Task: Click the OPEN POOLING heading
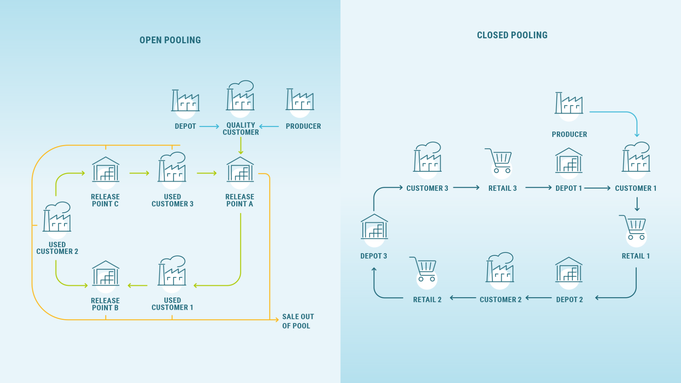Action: point(170,40)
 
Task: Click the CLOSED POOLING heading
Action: point(512,35)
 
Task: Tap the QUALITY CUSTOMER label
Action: point(241,129)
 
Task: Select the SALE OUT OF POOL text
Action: point(298,321)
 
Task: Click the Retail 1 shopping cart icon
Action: point(633,228)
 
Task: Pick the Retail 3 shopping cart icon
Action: point(499,161)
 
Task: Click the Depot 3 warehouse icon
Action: point(374,227)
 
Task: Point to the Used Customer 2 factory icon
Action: point(57,217)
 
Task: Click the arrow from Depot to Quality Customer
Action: point(209,127)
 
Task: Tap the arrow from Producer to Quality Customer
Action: point(269,127)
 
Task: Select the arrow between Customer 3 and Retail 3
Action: point(466,188)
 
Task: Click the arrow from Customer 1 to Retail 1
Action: point(637,204)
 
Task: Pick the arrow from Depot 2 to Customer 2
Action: point(539,298)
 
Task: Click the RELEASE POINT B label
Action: point(105,304)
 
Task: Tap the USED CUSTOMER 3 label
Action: point(172,200)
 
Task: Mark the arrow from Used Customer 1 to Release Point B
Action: point(138,286)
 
